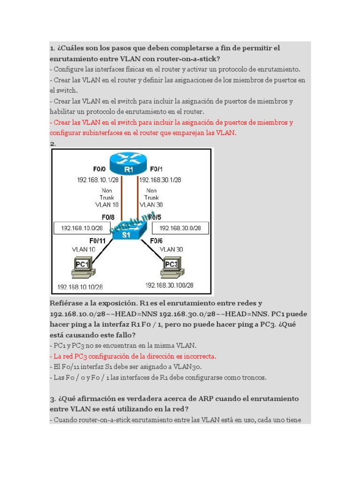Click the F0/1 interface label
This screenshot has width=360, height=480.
coord(156,169)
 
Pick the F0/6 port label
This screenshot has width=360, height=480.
coord(156,241)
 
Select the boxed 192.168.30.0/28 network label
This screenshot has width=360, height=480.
coord(180,228)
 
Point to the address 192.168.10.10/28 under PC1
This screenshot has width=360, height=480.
coord(80,286)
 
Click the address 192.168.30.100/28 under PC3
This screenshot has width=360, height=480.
coord(169,285)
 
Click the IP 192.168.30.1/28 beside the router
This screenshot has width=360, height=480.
coord(159,180)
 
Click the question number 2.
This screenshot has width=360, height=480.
coord(52,143)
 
